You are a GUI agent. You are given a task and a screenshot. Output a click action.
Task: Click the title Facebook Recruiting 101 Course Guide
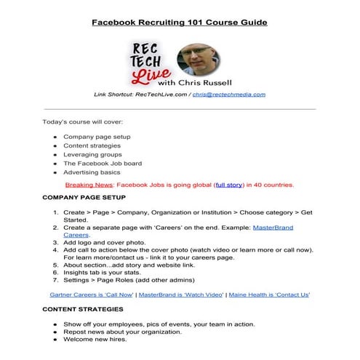(x=180, y=22)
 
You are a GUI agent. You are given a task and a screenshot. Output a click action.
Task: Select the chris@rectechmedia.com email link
(x=228, y=95)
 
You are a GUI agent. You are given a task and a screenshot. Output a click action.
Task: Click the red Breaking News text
(x=89, y=185)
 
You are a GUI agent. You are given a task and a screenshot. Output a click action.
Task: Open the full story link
(x=229, y=185)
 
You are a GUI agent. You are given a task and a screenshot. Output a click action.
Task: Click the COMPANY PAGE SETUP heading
(x=84, y=198)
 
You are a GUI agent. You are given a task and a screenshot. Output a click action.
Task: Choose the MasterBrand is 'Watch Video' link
(x=181, y=295)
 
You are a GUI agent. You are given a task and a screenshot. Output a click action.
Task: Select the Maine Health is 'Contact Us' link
(x=269, y=295)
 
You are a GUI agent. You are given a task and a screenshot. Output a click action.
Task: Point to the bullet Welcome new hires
(x=95, y=340)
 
